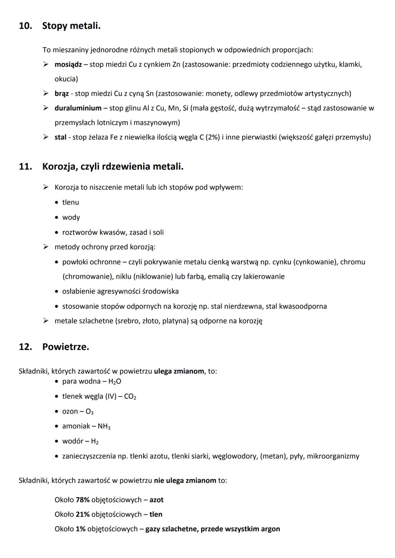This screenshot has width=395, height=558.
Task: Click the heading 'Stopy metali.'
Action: click(x=71, y=26)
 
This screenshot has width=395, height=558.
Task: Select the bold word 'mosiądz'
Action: click(x=68, y=65)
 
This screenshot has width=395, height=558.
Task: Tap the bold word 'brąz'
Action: click(x=61, y=94)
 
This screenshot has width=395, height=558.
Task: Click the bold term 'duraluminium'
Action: click(x=78, y=108)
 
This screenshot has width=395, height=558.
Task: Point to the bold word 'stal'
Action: click(x=60, y=137)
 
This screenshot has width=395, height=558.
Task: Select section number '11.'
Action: click(x=25, y=167)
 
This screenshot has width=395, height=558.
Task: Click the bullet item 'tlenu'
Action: click(x=71, y=202)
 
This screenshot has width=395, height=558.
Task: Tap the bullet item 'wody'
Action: click(x=71, y=217)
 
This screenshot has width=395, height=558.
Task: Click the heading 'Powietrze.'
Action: click(x=65, y=347)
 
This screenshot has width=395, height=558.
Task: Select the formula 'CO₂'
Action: click(x=130, y=397)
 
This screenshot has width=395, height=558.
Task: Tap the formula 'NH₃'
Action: click(x=104, y=427)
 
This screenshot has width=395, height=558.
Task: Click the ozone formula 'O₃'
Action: click(x=89, y=412)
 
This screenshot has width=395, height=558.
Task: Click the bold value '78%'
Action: click(x=83, y=500)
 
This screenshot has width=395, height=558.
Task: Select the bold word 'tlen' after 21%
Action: click(x=156, y=514)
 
